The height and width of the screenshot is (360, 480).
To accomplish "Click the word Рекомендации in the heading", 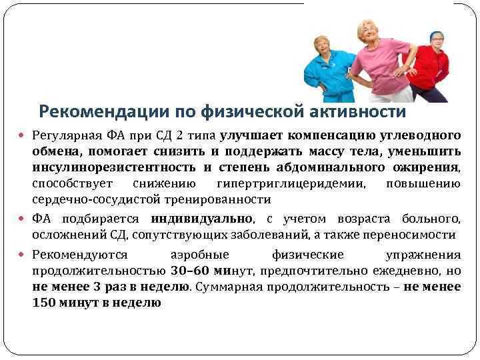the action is click(x=104, y=112).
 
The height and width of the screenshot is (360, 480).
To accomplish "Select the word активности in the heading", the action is click(x=357, y=111).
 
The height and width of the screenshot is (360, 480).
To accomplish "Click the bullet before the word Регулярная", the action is click(x=21, y=135).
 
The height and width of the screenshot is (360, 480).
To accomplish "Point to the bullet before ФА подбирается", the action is click(x=21, y=219).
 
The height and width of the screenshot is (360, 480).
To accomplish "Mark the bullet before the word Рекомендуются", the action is click(x=21, y=254).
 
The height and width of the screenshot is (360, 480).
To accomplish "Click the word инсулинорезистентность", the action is click(x=114, y=167).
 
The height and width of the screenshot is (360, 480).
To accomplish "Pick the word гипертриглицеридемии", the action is click(x=291, y=184).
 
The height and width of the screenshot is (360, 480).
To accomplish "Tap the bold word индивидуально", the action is click(x=202, y=219).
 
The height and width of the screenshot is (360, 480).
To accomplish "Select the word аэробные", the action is click(x=200, y=255).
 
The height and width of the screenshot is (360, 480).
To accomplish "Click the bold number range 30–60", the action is click(x=190, y=271).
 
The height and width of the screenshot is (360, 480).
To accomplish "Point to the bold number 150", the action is click(x=44, y=303).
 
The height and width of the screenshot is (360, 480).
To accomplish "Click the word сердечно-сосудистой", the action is click(x=97, y=200).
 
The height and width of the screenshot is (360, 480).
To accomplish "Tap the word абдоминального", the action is click(x=330, y=167).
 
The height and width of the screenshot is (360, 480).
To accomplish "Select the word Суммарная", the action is click(x=229, y=287).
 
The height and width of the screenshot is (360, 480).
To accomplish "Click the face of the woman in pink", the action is click(x=369, y=33).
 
